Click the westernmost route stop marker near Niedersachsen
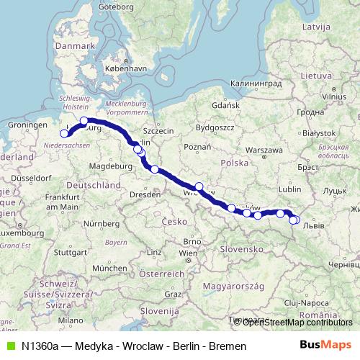tap(64, 133)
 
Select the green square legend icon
tap(8, 346)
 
